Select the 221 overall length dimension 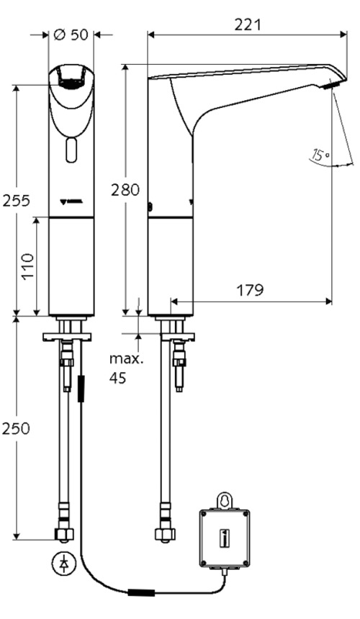[247, 24]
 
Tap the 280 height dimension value [125, 189]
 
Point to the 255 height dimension [16, 200]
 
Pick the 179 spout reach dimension [250, 290]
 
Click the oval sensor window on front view [71, 150]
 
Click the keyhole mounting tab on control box [224, 499]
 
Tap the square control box [224, 536]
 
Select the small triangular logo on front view [71, 202]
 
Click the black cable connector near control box [140, 594]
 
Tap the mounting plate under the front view [67, 335]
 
